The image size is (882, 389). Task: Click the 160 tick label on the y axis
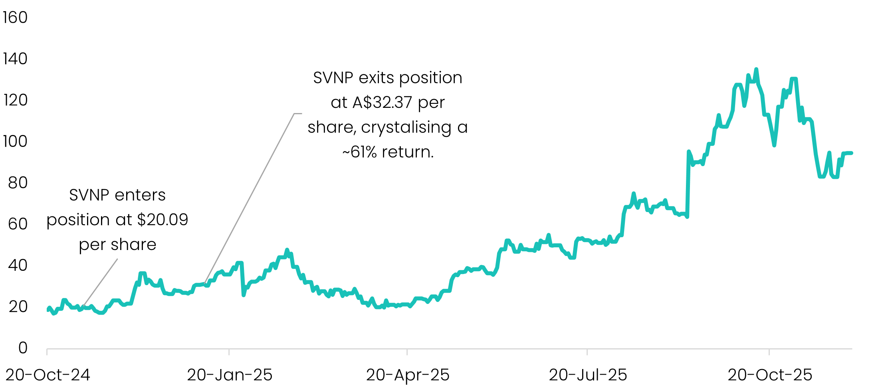coord(15,18)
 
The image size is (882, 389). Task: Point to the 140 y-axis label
coord(15,59)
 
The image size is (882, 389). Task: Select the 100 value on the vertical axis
coord(15,141)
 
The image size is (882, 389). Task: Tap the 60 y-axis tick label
coord(18,224)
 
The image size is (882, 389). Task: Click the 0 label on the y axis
coord(23,348)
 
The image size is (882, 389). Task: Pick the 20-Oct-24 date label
coord(48,375)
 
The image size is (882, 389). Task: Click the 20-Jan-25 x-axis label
coord(230,375)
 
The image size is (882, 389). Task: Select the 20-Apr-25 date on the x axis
coord(408,375)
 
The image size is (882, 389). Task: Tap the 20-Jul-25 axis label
coord(588,375)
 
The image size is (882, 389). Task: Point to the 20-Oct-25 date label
coord(770,375)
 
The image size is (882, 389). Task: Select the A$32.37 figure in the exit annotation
coord(382,103)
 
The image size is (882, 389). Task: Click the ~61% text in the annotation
coord(359,152)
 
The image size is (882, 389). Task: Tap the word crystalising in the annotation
coord(406,127)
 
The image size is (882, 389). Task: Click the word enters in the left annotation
coord(139,195)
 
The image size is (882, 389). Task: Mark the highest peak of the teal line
coord(756,70)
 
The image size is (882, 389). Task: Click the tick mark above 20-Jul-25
coord(587,352)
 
